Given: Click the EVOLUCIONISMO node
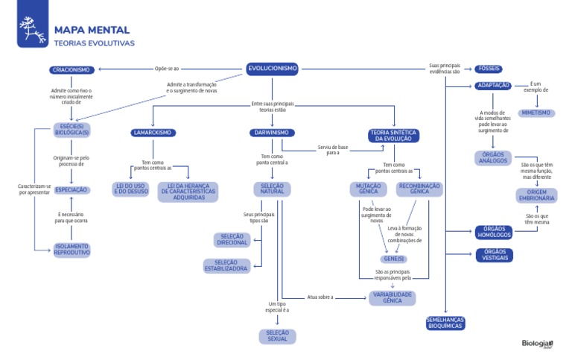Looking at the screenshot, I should [x=273, y=69].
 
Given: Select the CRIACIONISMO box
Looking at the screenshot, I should [x=71, y=70].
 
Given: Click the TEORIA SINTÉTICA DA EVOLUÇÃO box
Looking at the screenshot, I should [x=394, y=136].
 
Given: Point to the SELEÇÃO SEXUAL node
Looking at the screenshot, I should [x=278, y=336].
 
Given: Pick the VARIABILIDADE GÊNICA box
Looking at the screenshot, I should [x=392, y=297].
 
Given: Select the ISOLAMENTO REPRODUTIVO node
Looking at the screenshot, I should [x=71, y=250].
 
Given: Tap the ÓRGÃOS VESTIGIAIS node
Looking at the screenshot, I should [x=495, y=255].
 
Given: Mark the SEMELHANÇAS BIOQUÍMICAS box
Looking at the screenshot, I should [x=445, y=323].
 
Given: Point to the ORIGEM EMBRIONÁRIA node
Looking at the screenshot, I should [x=536, y=195].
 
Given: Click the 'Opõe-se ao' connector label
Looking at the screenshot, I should [x=167, y=69].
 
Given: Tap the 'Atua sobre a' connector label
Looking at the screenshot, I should [x=320, y=297].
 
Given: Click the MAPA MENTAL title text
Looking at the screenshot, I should [x=92, y=31].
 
